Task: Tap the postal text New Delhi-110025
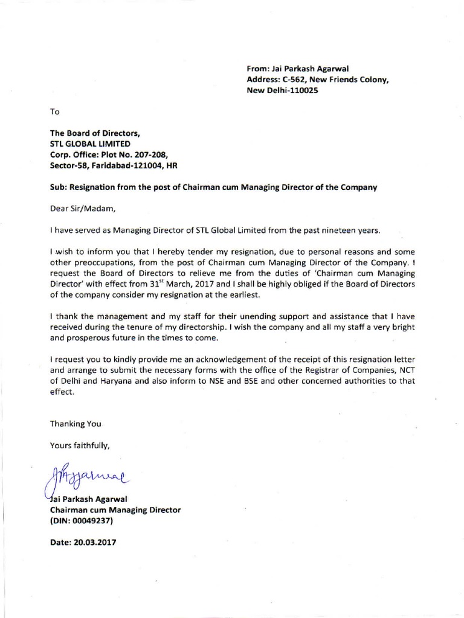pyautogui.click(x=282, y=90)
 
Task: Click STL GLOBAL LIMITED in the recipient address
pyautogui.click(x=89, y=144)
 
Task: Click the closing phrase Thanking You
pyautogui.click(x=76, y=424)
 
